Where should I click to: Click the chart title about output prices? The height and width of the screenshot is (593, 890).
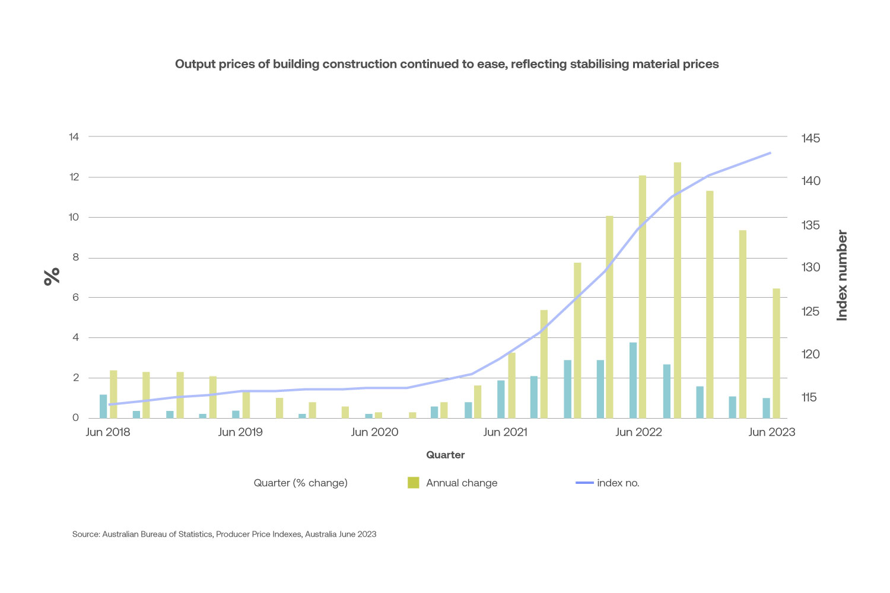point(446,64)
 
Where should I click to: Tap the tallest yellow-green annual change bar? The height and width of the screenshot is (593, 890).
point(677,290)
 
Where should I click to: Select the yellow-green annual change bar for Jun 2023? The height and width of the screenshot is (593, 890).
point(776,353)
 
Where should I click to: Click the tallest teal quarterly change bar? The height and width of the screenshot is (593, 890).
point(633,380)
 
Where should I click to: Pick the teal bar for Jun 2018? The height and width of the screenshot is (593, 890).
point(103,406)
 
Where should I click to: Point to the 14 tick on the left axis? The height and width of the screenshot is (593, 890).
point(74,137)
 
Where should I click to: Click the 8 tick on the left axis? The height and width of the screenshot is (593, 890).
point(75,257)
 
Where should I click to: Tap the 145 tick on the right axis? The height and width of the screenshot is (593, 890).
point(810,138)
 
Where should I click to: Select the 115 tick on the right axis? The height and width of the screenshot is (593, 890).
point(809,397)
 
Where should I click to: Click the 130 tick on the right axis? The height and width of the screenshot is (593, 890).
point(810,267)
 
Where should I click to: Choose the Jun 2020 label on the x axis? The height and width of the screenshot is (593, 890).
point(374,432)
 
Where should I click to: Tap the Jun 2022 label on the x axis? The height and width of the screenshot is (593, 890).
point(638,432)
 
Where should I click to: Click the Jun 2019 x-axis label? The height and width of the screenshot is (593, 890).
point(240,432)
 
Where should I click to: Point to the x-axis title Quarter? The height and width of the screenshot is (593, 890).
point(445,455)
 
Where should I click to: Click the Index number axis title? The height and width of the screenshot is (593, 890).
point(841,276)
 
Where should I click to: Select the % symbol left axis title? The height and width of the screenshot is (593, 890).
point(52,276)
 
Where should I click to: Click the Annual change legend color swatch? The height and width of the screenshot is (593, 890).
point(414,483)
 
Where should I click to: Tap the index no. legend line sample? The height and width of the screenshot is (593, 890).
point(584,483)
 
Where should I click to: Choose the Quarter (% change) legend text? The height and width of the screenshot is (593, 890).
point(300,483)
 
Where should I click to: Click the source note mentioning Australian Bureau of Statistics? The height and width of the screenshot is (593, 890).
point(224,534)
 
